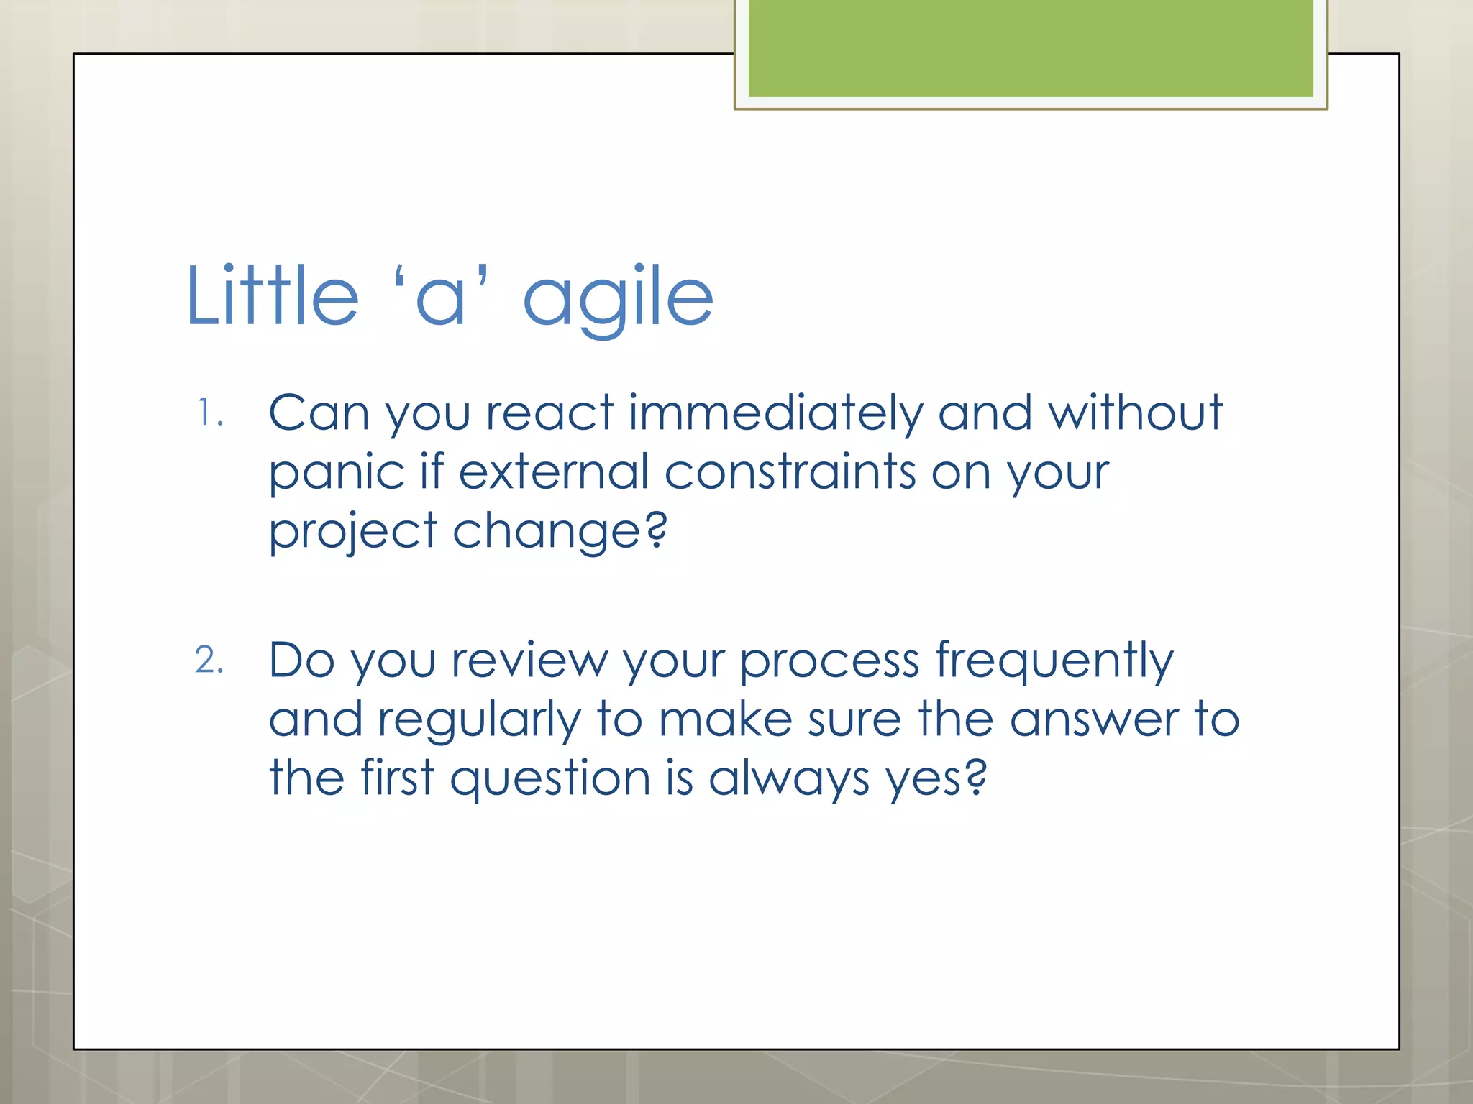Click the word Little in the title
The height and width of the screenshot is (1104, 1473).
coord(272,295)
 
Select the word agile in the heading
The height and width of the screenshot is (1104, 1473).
coord(617,298)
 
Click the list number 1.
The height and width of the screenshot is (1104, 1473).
coord(208,414)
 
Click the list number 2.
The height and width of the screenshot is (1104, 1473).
coord(208,660)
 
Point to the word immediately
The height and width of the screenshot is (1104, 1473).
coord(775,414)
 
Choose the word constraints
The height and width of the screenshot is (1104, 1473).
coord(790,472)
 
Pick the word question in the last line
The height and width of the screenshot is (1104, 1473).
coord(550,779)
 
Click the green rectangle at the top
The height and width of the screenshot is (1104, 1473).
coord(1030,48)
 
